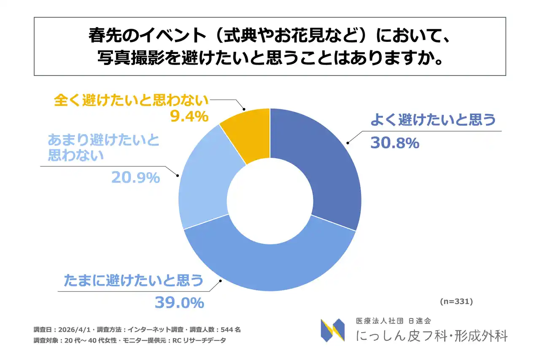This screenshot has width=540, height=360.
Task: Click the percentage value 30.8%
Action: pos(394,143)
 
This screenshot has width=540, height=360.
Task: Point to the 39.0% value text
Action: pos(179,303)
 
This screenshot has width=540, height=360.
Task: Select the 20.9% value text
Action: pos(135,178)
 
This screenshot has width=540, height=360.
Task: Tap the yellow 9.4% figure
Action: pos(189,116)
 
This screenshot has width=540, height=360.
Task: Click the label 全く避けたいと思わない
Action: pos(131,100)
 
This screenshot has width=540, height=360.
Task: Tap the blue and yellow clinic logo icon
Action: pos(332,330)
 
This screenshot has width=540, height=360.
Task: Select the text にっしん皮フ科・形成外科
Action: pos(432,336)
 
